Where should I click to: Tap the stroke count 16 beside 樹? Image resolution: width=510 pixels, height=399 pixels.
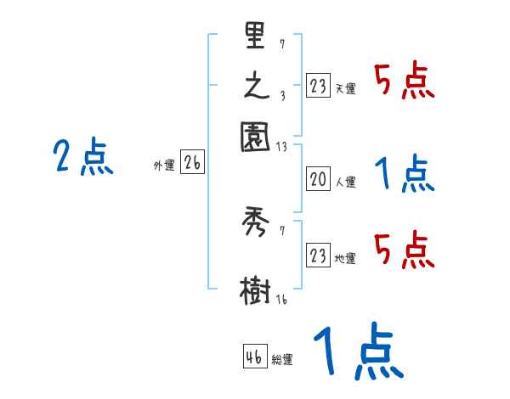281,300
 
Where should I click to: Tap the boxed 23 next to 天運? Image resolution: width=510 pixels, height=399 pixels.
318,86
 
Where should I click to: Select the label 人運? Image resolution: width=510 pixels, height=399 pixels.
346,182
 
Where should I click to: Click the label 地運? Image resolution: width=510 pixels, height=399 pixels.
346,259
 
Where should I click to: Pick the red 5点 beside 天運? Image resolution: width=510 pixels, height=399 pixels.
405,83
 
